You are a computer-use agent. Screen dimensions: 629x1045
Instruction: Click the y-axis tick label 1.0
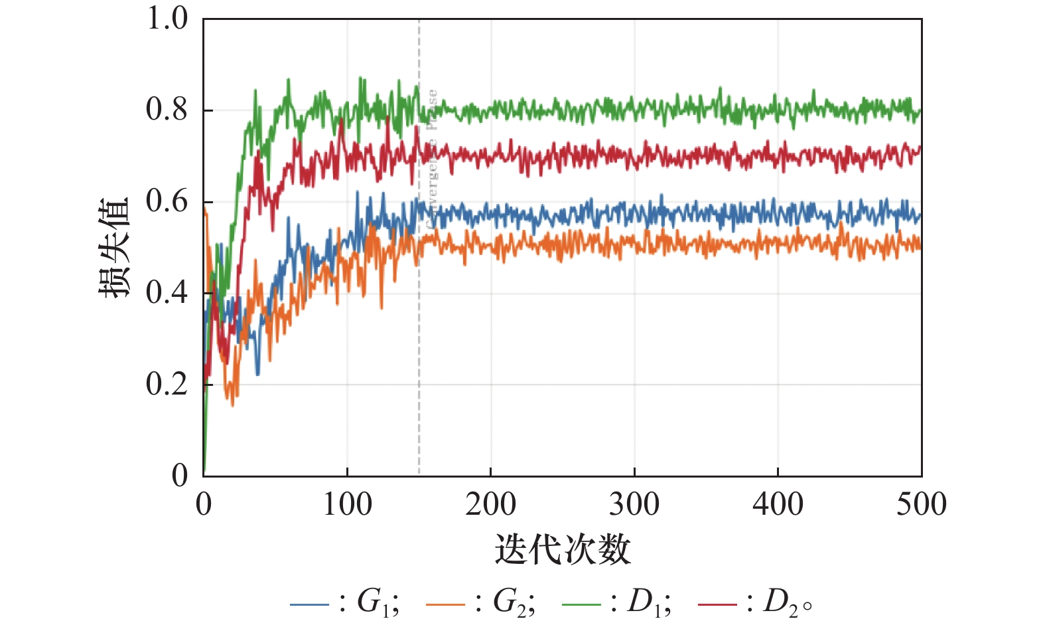pyautogui.click(x=167, y=19)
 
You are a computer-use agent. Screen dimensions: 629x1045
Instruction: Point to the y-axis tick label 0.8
pyautogui.click(x=167, y=110)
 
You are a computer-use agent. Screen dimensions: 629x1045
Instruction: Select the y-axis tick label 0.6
pyautogui.click(x=167, y=201)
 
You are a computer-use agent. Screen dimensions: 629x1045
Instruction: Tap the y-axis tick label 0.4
pyautogui.click(x=167, y=292)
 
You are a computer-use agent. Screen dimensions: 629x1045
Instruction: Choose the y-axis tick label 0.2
pyautogui.click(x=167, y=384)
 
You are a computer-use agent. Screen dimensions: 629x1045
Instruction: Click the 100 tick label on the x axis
pyautogui.click(x=347, y=505)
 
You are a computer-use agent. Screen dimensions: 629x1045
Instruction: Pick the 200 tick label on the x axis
pyautogui.click(x=490, y=505)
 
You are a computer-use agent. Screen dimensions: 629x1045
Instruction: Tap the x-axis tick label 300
pyautogui.click(x=634, y=505)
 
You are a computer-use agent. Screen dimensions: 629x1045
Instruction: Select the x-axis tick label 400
pyautogui.click(x=778, y=505)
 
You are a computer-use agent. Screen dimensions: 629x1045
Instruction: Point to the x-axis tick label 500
pyautogui.click(x=921, y=505)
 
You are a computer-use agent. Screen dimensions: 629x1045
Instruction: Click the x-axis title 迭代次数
pyautogui.click(x=562, y=550)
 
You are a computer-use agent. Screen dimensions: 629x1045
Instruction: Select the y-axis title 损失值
pyautogui.click(x=113, y=247)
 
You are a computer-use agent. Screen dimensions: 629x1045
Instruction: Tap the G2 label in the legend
pyautogui.click(x=512, y=603)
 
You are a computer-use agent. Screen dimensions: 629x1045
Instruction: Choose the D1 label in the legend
pyautogui.click(x=648, y=603)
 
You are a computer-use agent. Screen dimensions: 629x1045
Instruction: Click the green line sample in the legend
pyautogui.click(x=581, y=604)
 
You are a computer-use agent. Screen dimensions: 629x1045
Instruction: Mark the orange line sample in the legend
pyautogui.click(x=445, y=604)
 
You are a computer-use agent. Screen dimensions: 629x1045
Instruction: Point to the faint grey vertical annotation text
pyautogui.click(x=432, y=159)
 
